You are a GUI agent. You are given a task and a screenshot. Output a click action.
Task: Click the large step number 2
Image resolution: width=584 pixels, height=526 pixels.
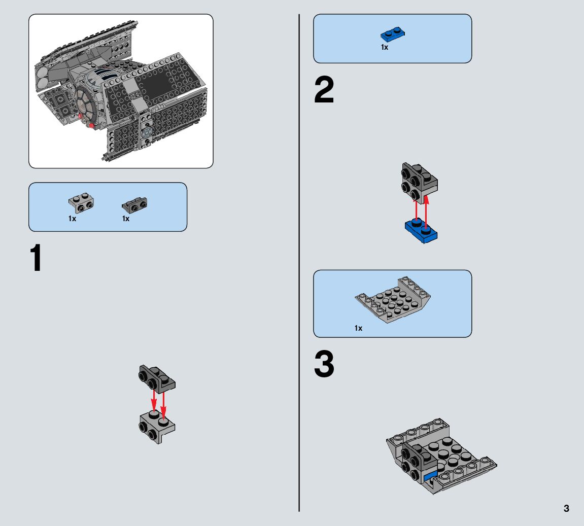[324, 91]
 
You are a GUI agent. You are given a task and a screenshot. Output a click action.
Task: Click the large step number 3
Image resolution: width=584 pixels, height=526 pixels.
[324, 365]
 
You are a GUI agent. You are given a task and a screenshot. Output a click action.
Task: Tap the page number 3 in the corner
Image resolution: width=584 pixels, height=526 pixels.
[566, 508]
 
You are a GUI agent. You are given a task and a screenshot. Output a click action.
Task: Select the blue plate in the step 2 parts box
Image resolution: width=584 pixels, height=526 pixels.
[393, 35]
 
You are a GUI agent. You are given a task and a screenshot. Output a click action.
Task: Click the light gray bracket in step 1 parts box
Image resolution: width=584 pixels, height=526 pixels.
[81, 202]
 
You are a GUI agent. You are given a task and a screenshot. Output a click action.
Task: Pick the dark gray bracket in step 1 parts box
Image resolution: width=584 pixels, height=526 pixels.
[134, 205]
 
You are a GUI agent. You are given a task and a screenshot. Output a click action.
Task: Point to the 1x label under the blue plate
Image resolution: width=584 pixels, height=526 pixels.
[385, 47]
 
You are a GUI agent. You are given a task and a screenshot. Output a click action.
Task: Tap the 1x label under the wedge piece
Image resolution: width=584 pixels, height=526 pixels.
[359, 328]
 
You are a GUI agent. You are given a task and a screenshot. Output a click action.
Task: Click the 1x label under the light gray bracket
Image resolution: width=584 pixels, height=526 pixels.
[73, 219]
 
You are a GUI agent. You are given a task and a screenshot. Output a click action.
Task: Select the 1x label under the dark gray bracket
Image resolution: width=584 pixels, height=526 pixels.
[126, 219]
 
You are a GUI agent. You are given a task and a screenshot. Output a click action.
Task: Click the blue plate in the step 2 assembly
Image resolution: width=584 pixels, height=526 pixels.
[421, 231]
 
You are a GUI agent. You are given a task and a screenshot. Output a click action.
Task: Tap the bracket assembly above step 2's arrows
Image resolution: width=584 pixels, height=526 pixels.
[419, 182]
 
